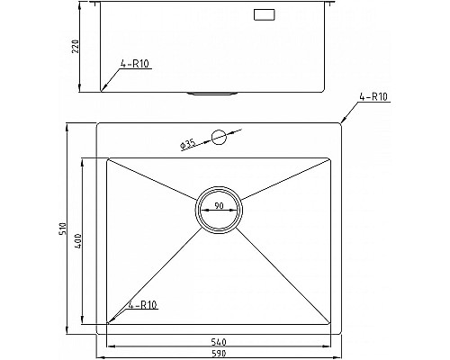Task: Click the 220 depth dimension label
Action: pyautogui.click(x=76, y=47)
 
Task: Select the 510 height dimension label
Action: pyautogui.click(x=63, y=229)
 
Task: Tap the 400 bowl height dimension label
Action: pyautogui.click(x=77, y=241)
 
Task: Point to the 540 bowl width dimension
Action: pyautogui.click(x=219, y=342)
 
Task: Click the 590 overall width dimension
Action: pyautogui.click(x=219, y=354)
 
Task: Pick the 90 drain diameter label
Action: pyautogui.click(x=219, y=205)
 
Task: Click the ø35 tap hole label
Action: pyautogui.click(x=188, y=145)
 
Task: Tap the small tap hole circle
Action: pyautogui.click(x=219, y=138)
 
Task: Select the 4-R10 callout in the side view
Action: pyautogui.click(x=135, y=64)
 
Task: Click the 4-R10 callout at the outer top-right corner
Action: pyautogui.click(x=373, y=97)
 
